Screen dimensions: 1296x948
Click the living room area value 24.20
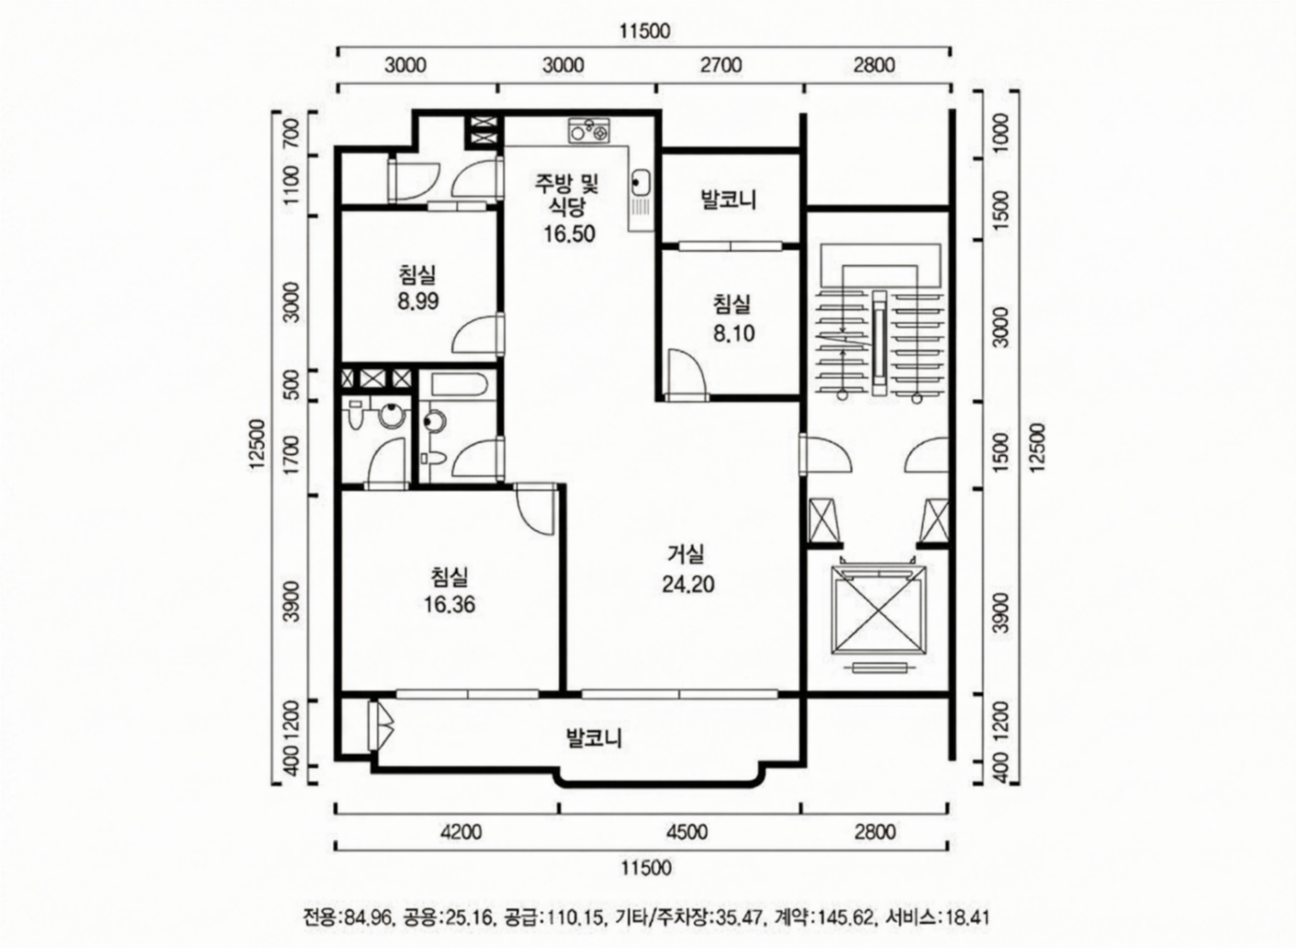click(x=688, y=584)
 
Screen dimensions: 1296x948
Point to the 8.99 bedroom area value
click(x=418, y=301)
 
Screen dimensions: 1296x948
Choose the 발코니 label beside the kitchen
click(x=729, y=200)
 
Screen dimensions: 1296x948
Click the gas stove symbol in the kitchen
click(x=589, y=131)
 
